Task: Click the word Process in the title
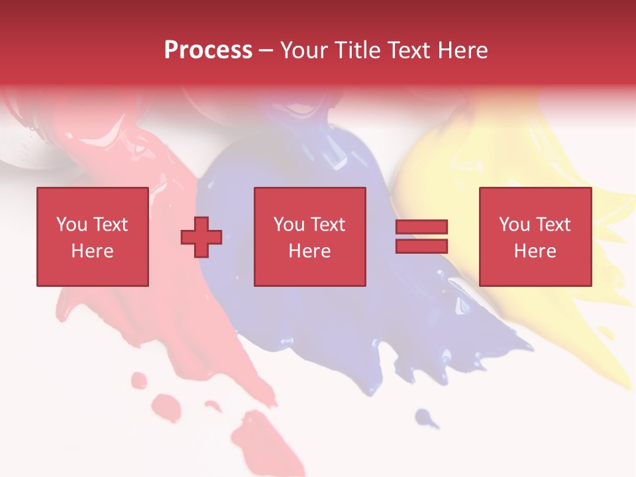pos(208,50)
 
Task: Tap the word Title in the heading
pos(358,50)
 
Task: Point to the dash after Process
pos(266,52)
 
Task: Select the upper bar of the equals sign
pos(421,227)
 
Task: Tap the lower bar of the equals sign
pos(421,246)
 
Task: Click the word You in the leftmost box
pos(71,225)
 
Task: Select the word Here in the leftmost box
pos(92,251)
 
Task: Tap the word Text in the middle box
pos(327,225)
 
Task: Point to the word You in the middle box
pos(288,225)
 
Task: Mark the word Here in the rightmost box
pos(535,251)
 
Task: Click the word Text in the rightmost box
pos(553,225)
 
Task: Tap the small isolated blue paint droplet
pos(425,417)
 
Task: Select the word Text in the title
pos(409,50)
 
